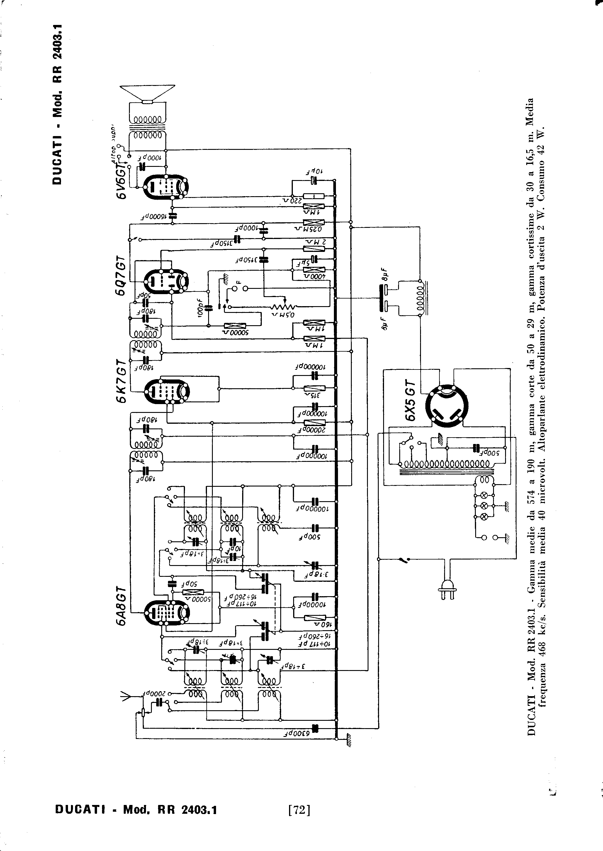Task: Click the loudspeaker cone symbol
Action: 147,93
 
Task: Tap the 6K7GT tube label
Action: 121,381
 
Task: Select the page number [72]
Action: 299,810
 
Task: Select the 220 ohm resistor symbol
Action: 314,196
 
